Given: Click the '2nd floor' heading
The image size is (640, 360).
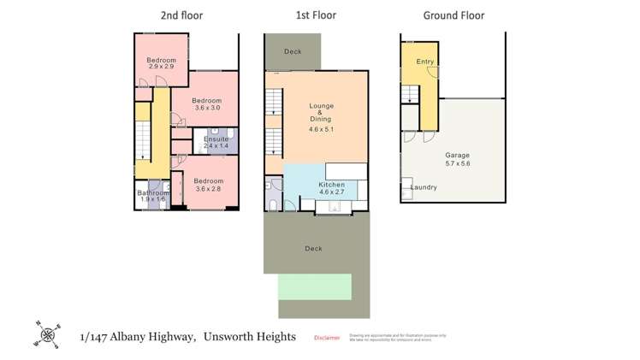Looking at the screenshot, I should click(181, 15).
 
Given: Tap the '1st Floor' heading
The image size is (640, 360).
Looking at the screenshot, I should click(317, 15).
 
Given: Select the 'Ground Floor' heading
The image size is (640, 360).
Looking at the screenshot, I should click(453, 15).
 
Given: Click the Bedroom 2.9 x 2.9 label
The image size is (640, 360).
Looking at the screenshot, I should click(161, 63).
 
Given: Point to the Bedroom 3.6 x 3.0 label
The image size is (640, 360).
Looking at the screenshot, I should click(207, 103).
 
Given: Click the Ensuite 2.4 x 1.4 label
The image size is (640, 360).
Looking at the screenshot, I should click(216, 143).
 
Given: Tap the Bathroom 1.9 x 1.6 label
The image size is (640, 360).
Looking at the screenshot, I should click(154, 196).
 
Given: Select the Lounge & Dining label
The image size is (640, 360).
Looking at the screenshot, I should click(320, 117).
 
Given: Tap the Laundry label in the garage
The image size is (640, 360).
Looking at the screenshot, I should click(424, 187).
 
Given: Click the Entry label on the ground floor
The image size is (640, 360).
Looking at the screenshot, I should click(424, 62).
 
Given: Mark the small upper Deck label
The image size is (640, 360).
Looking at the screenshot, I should click(293, 52).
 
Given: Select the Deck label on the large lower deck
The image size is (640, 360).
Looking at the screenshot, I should click(313, 249).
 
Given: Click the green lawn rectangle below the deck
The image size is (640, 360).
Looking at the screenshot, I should click(315, 286).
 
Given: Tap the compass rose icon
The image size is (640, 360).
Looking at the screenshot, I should click(45, 334).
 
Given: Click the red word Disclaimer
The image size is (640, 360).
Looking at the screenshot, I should click(327, 338).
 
